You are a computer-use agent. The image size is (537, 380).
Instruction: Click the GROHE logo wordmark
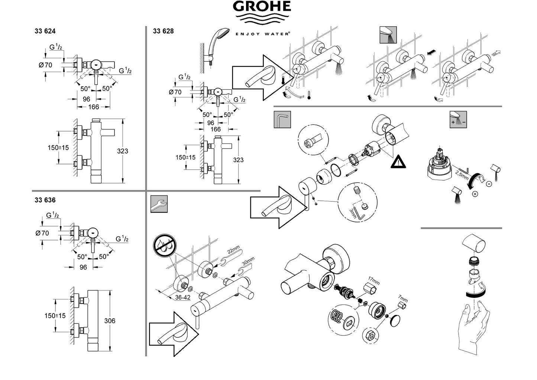[262, 7]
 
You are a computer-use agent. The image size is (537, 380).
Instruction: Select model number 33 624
[45, 32]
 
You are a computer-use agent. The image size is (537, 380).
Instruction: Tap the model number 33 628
[163, 31]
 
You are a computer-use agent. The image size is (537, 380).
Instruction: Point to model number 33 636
[45, 200]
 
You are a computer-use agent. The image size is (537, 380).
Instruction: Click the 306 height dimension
[120, 321]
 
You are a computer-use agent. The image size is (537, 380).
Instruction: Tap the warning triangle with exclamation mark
[398, 162]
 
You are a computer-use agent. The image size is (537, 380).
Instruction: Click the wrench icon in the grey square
[159, 204]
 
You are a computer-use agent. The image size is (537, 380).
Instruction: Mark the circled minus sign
[489, 183]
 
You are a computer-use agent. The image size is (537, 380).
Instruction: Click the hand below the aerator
[474, 327]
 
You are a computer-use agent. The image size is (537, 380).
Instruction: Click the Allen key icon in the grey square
[282, 120]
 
